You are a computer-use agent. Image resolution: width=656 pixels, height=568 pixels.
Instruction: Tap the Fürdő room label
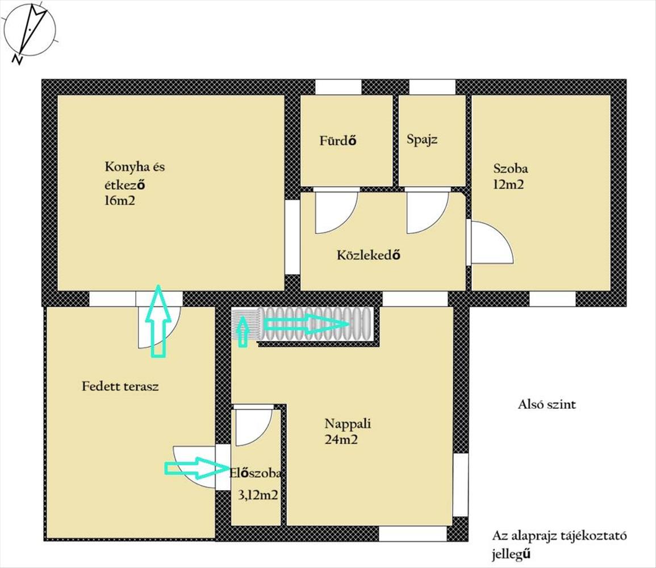coord(337,140)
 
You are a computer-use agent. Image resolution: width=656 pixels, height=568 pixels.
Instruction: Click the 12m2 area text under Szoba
coord(508,185)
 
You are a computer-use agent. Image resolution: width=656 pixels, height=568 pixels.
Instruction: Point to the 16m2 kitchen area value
coord(120,201)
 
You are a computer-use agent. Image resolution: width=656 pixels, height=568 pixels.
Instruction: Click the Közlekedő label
coord(368,254)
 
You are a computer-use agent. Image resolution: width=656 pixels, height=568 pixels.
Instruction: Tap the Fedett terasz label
coord(120,386)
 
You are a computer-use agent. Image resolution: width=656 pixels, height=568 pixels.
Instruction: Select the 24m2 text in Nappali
coord(341,440)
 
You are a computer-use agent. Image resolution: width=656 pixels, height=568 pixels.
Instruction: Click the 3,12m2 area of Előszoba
coord(258,495)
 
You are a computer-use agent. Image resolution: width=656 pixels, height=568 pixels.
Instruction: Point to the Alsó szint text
coord(547,404)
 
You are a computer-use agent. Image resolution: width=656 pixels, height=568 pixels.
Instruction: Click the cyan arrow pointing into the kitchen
coord(158,321)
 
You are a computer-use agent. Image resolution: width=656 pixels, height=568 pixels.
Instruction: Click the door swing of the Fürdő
coord(336,212)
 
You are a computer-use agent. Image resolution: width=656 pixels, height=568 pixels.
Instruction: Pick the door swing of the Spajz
coord(428,212)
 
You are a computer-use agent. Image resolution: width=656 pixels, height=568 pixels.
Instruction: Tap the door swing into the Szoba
coord(492,242)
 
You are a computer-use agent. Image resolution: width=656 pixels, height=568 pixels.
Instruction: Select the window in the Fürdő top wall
coord(338,87)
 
